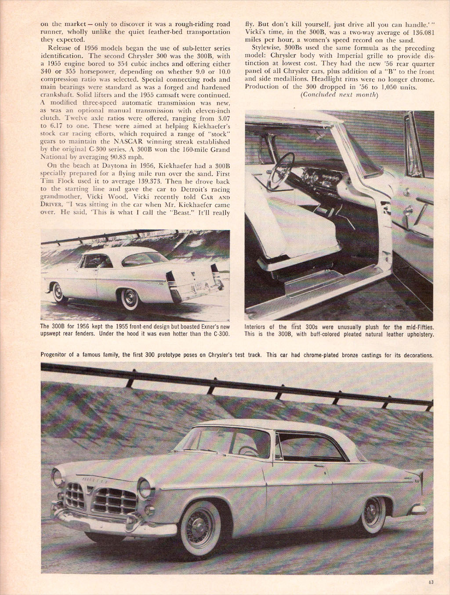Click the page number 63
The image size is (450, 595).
click(431, 582)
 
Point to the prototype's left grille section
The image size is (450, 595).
click(75, 495)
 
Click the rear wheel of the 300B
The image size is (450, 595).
click(130, 299)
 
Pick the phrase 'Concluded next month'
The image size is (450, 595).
click(339, 95)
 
